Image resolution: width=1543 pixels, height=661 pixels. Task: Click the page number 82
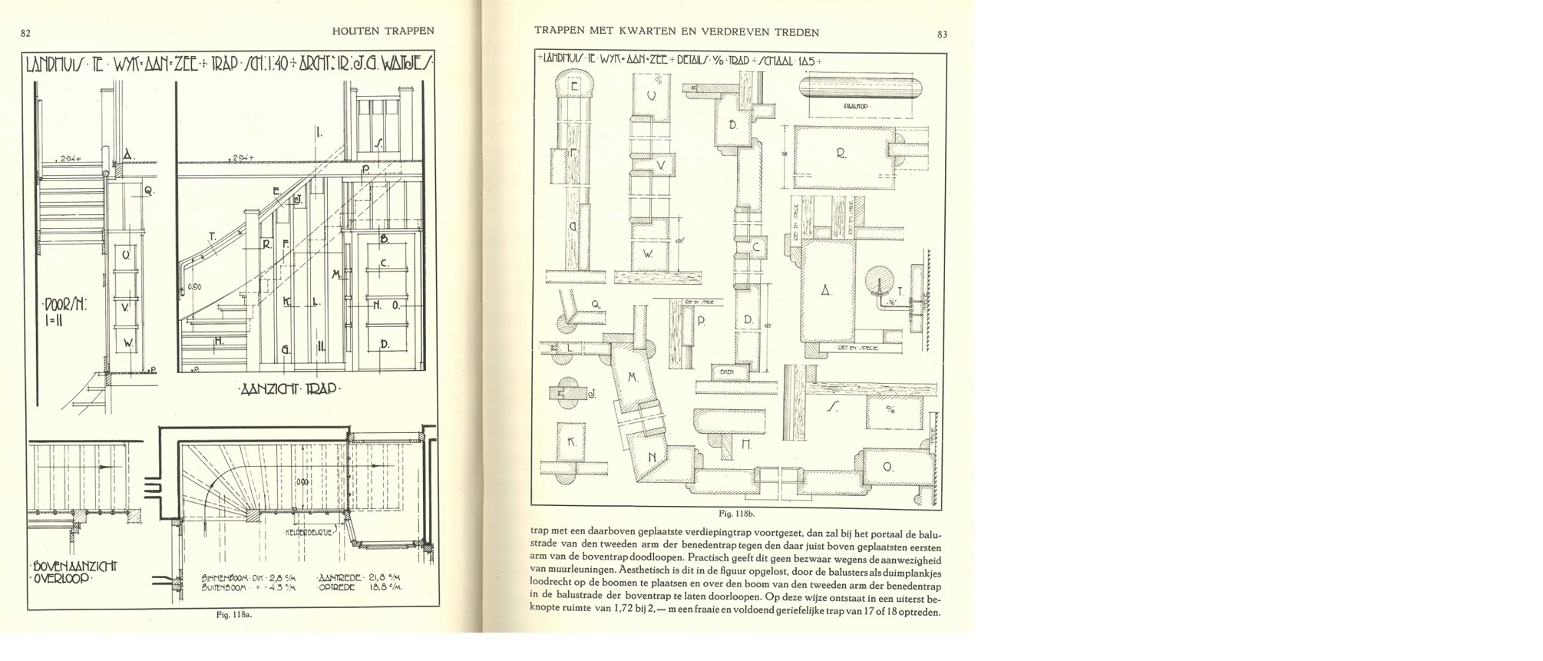point(25,33)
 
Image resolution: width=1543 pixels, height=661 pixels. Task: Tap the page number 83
point(942,34)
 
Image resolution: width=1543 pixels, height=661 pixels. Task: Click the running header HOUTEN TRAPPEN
point(383,31)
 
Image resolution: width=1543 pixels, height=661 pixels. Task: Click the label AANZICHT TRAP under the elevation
point(287,389)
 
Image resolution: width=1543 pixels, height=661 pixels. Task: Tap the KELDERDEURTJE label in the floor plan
point(309,532)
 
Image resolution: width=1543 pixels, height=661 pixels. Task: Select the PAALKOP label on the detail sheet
point(854,107)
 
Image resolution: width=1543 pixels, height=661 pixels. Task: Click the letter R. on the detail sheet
point(841,154)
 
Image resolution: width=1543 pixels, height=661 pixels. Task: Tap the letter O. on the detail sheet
point(888,467)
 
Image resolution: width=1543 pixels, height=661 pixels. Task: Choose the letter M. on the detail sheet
point(633,378)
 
